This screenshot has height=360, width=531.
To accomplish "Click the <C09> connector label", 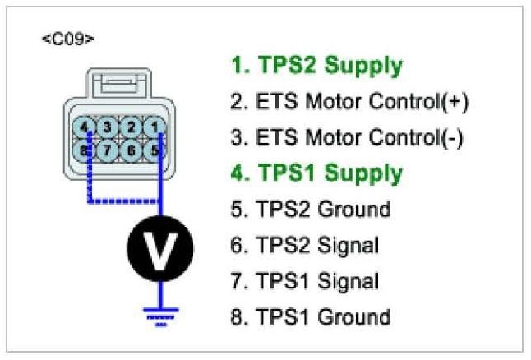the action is point(67,39).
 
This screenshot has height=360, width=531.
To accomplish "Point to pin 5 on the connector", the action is point(154,150).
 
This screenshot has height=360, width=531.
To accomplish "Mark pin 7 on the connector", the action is point(107,150).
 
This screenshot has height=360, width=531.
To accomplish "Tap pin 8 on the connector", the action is point(85,150).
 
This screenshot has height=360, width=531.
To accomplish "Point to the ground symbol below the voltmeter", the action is point(159,313).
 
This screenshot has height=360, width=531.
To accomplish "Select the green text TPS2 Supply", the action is point(316,65).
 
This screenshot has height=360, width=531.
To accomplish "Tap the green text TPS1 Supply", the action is point(316,173).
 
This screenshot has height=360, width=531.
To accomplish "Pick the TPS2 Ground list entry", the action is point(311,210).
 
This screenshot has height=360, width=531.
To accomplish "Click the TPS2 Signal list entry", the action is point(305,245).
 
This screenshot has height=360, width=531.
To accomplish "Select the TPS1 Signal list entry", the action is point(305,281).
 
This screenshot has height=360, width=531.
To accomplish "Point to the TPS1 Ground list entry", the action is point(311,316).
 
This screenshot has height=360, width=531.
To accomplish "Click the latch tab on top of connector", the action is point(119,85).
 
